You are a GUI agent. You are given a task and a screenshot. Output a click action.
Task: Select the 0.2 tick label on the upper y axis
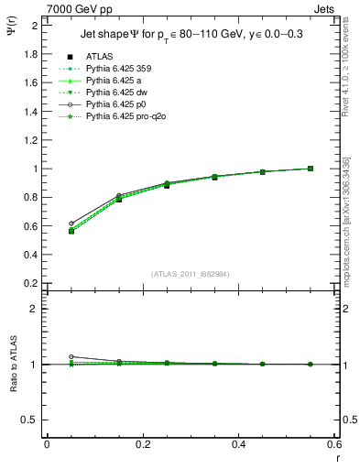[30, 283]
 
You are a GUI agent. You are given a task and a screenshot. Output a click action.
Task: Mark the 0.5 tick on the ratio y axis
[30, 420]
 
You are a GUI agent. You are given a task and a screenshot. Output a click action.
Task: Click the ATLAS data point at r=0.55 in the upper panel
[311, 169]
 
